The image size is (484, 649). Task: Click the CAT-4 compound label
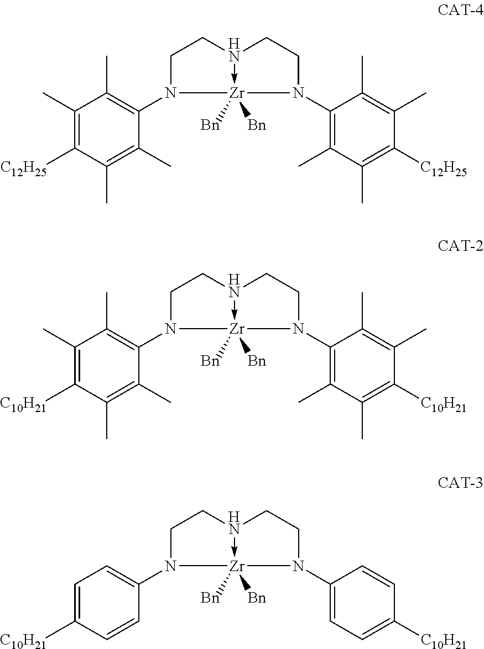click(460, 10)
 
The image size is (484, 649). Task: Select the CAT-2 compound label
click(460, 246)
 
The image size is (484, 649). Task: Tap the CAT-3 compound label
click(460, 482)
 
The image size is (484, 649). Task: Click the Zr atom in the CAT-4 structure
click(237, 93)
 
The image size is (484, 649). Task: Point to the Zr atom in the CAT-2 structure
click(237, 329)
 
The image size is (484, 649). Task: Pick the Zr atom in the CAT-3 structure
click(237, 566)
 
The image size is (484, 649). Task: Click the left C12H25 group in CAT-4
click(23, 170)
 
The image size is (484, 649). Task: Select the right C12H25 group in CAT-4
click(444, 169)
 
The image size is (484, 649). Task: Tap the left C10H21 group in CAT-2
click(23, 405)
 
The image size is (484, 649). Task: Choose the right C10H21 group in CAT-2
click(444, 405)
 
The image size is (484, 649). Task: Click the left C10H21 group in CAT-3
click(23, 642)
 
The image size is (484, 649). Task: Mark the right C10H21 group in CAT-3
click(444, 641)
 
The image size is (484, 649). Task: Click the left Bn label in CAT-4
click(210, 125)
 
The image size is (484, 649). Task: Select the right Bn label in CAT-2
click(257, 361)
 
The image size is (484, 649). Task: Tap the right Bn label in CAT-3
click(257, 598)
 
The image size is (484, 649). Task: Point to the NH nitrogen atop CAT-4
click(235, 56)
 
